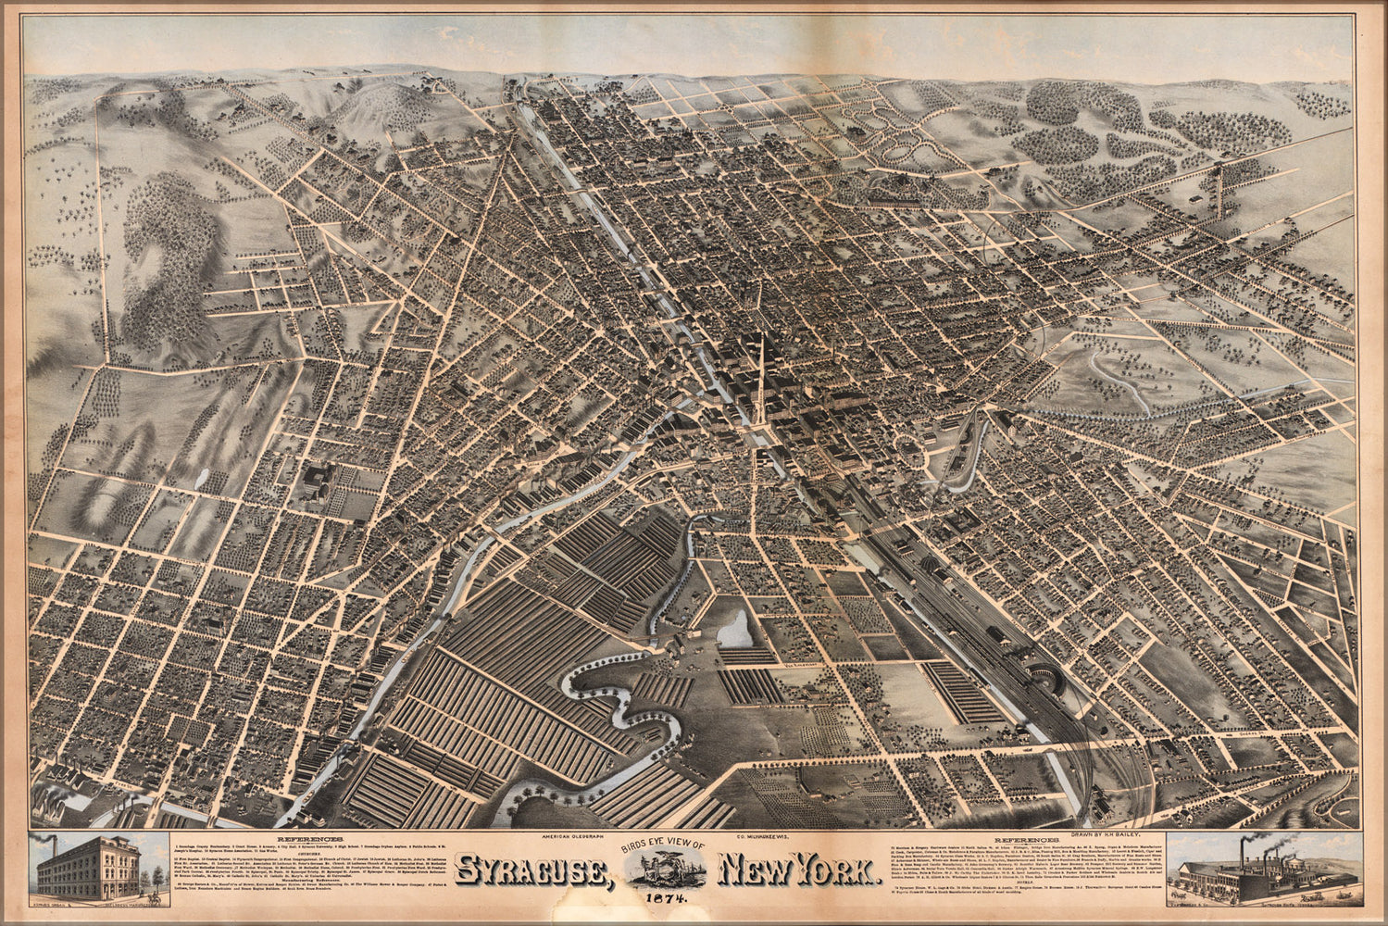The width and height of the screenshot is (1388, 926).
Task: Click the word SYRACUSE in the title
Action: tap(532, 872)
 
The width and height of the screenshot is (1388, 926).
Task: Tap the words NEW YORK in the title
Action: tap(797, 872)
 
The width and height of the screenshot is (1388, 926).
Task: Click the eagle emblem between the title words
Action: tap(664, 871)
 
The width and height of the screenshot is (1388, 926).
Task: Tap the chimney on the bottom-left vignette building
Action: tap(55, 852)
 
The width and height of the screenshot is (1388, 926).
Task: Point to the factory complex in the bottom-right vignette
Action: tap(1250, 884)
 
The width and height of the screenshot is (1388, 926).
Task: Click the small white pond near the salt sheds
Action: tap(737, 630)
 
